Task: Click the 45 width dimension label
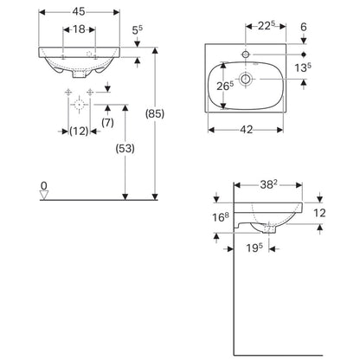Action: pos(79,11)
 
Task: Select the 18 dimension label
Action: pos(79,29)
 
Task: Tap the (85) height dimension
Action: pos(155,113)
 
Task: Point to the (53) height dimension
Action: pos(125,149)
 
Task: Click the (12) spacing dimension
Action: pos(79,132)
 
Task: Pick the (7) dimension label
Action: pos(107,123)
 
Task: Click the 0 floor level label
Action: pos(43,186)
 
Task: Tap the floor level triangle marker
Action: pos(44,195)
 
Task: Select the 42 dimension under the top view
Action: pos(246,130)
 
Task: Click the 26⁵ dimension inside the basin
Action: pos(225,86)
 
